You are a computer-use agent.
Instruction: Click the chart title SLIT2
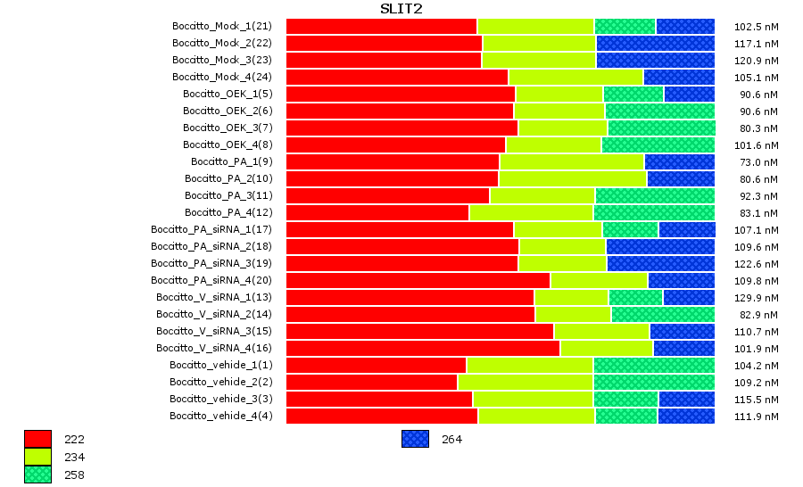401,9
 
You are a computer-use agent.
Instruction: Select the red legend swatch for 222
37,439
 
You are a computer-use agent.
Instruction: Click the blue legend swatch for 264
415,439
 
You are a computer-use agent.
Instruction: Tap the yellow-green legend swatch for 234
37,457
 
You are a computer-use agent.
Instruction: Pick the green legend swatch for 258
37,475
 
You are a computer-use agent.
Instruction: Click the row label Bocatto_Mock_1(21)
222,26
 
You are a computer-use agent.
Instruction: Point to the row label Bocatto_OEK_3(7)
228,128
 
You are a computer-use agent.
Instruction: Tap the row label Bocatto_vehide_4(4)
221,416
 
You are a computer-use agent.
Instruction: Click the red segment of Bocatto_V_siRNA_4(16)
422,348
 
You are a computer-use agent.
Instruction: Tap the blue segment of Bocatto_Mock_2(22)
655,43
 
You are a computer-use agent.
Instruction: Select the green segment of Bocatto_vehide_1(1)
653,365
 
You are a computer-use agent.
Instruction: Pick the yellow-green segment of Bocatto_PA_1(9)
572,161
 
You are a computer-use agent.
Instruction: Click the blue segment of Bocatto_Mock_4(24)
678,77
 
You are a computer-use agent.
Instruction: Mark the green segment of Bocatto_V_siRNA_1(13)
635,297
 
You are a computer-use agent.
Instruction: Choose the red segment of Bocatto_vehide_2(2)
371,382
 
